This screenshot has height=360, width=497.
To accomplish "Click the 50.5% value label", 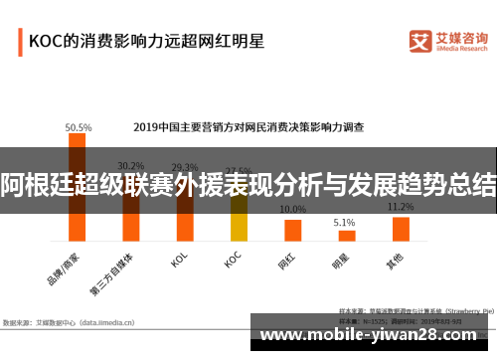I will pos(79,127).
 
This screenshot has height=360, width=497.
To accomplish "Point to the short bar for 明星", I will pos(346,236).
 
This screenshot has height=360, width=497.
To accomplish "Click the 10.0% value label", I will pos(292,210).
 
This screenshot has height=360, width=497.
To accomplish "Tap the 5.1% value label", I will pos(345,222).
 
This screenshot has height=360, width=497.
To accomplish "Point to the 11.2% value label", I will pos(401,207).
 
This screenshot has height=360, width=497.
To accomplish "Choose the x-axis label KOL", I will pos(180,261).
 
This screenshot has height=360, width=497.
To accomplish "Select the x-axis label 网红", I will pos(286,263).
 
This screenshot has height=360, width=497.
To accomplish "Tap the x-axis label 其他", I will pos(396,263).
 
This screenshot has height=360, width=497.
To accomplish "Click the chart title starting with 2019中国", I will pos(248,127).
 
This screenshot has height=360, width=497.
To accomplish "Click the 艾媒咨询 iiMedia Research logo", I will pos(447,41).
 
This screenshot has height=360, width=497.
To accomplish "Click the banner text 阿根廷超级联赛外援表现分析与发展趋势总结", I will pos(248,183).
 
